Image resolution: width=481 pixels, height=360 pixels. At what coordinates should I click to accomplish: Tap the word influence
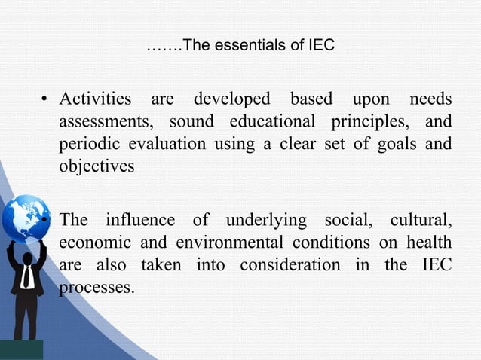(x=139, y=221)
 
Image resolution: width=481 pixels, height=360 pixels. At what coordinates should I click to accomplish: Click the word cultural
(x=421, y=221)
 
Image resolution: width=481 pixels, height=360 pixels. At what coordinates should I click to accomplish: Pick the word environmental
(x=229, y=243)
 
